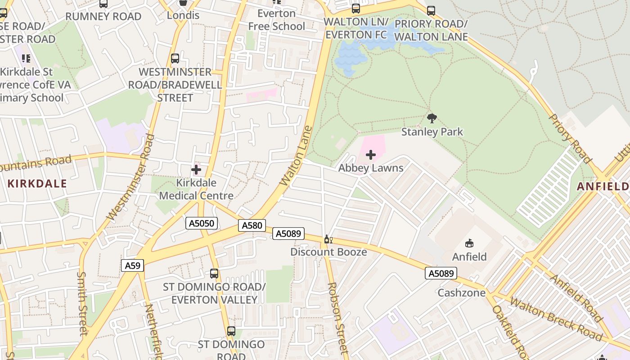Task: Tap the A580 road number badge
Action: coord(252,225)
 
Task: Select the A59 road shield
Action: coord(132,265)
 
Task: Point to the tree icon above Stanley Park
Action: coord(432,118)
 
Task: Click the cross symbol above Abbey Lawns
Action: coord(371,155)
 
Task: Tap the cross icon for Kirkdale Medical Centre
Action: coord(196,170)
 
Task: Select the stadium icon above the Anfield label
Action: coord(469,243)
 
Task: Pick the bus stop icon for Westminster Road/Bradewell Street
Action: coord(175,58)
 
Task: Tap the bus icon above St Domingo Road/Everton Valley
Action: coord(214,273)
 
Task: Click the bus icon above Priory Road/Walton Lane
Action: coord(431,10)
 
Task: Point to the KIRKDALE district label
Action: coord(37,184)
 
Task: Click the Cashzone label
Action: coord(462,293)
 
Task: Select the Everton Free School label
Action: coord(276,20)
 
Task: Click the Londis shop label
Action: coord(183,15)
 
